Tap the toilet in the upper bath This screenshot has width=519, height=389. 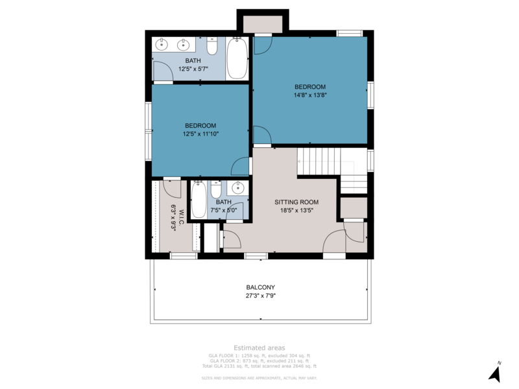point(211,47)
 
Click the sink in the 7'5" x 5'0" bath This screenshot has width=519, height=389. point(237,188)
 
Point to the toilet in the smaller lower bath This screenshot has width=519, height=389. point(217,189)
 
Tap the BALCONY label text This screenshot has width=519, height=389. point(260,287)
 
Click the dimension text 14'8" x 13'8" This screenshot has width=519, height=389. point(310,95)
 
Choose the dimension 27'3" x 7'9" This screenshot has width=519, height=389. point(260,296)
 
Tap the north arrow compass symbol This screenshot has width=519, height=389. point(495,372)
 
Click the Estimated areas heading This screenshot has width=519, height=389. point(259,348)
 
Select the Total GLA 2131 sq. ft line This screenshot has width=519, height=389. point(259,366)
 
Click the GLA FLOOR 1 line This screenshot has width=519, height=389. point(259,355)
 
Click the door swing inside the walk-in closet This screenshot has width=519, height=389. point(172,188)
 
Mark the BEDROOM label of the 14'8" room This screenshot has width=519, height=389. point(310,86)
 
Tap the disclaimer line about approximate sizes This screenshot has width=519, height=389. point(259,377)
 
